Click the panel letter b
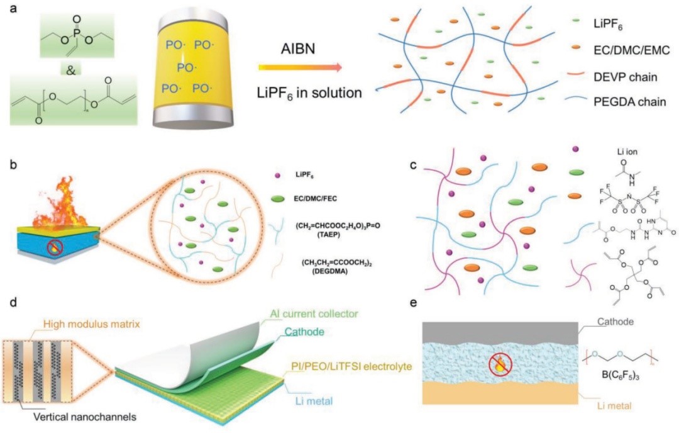(13, 166)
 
